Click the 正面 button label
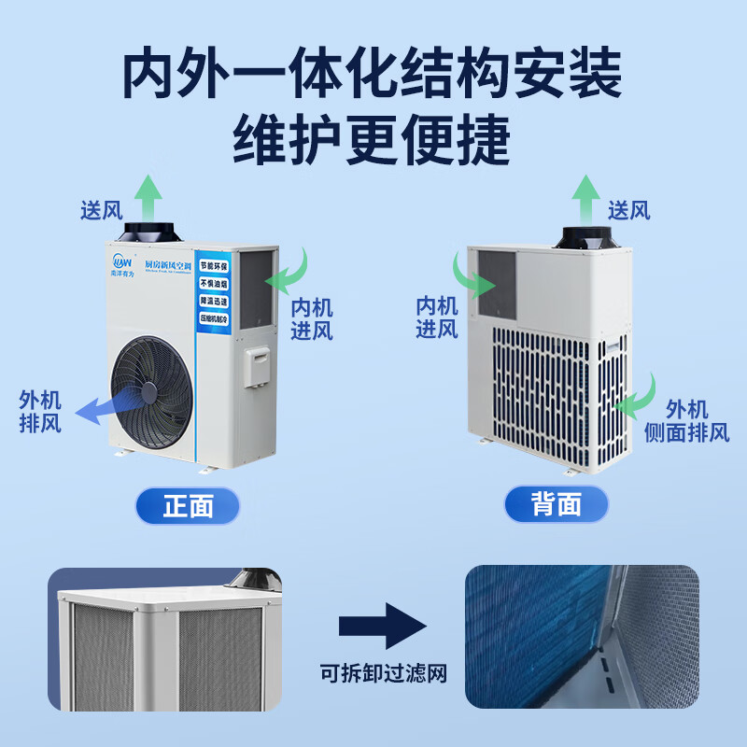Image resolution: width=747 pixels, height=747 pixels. tap(188, 505)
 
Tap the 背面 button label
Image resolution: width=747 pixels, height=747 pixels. tap(557, 505)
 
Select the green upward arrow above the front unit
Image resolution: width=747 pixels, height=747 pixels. tap(147, 195)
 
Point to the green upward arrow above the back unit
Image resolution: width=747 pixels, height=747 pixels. tap(585, 195)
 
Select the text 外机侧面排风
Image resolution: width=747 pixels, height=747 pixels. tap(686, 421)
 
